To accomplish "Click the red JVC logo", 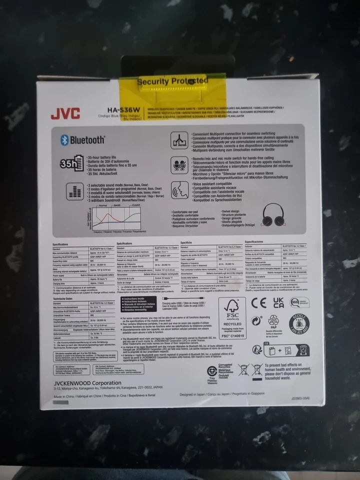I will [64, 113].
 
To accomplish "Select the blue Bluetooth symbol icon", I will [64, 140].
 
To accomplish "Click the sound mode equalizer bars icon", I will [74, 190].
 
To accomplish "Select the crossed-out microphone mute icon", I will [179, 165].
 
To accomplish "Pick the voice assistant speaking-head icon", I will [179, 189].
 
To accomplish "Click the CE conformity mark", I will [258, 302].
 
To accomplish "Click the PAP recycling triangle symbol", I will [273, 321].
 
